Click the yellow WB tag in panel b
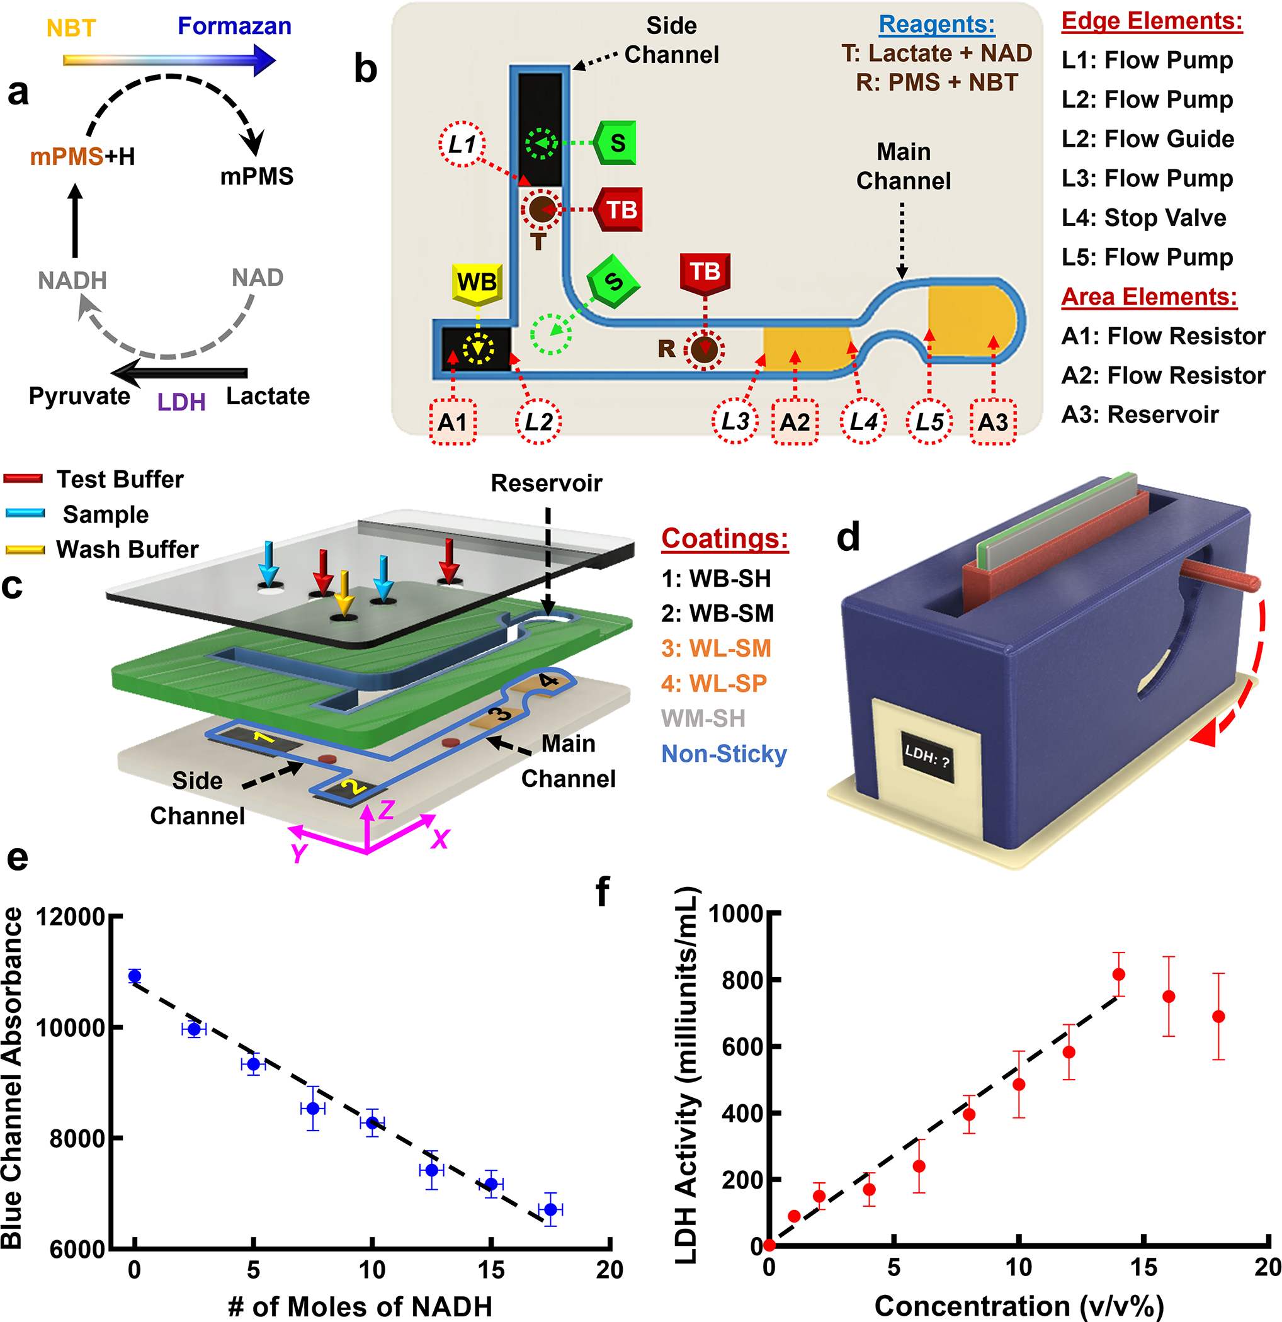(477, 281)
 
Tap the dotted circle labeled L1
(462, 144)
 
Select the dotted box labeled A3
(992, 422)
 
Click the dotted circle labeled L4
(863, 422)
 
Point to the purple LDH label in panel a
(181, 402)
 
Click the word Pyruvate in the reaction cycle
(79, 396)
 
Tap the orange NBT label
(71, 28)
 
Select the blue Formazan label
(234, 26)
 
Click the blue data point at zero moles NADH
(135, 976)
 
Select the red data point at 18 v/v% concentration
(1218, 1017)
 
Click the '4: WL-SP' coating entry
(714, 683)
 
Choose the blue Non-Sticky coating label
(724, 754)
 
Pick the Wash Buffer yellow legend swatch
(25, 550)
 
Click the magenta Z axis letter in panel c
(386, 810)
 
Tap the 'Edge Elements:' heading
(1152, 21)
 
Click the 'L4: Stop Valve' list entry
(1143, 218)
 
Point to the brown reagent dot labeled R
(705, 349)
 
